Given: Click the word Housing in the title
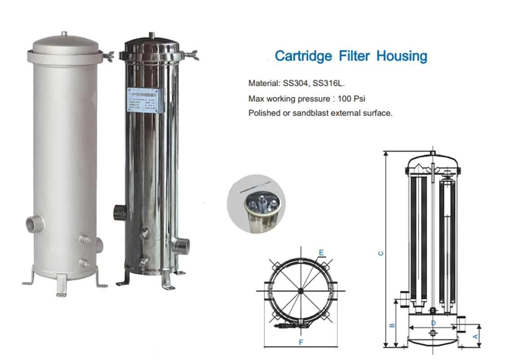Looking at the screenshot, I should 401,56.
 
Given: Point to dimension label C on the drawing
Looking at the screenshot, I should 380,253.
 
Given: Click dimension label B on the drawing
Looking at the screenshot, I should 392,324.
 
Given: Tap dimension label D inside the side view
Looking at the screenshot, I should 433,323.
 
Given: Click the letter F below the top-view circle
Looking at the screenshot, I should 301,342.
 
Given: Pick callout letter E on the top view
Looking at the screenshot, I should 321,253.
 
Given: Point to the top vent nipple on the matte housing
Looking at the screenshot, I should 65,34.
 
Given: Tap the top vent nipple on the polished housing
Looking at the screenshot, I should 153,35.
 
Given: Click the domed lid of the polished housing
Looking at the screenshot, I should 152,45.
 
